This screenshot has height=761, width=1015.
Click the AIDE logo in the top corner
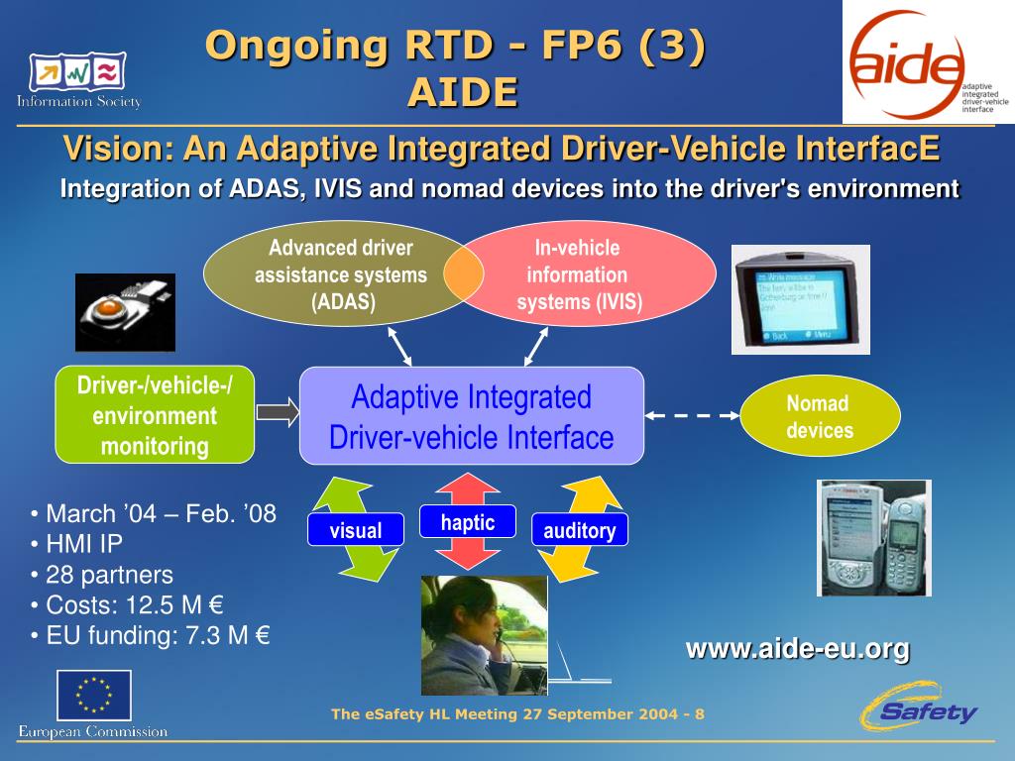tap(927, 61)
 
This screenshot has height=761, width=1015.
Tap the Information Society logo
tap(79, 80)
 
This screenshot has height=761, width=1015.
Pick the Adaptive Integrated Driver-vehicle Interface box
tap(472, 416)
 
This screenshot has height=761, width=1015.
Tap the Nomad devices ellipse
tap(820, 416)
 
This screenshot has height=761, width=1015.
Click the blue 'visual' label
tap(355, 530)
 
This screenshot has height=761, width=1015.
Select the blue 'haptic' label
tap(467, 522)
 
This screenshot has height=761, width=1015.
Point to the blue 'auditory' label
tap(579, 530)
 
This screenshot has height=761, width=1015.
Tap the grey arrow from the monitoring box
tap(277, 413)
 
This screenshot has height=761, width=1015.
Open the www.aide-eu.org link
tap(797, 649)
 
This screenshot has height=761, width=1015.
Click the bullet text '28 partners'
tap(109, 575)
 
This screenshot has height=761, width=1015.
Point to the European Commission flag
tap(93, 695)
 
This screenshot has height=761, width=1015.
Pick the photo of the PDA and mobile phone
tap(874, 538)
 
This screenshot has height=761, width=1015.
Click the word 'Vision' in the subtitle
tap(111, 150)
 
